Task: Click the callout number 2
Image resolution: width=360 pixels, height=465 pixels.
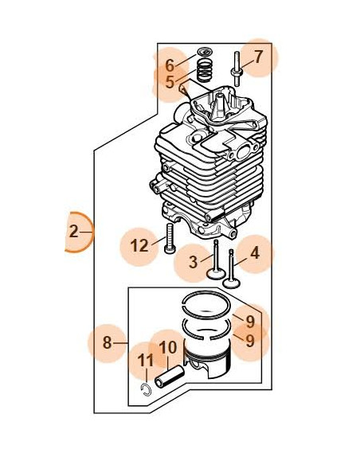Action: [74, 232]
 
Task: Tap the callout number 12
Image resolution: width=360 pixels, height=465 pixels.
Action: [139, 246]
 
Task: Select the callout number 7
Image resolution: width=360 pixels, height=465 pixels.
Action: [259, 57]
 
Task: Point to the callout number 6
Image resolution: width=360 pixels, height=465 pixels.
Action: [170, 65]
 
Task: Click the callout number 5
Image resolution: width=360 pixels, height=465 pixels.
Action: [170, 82]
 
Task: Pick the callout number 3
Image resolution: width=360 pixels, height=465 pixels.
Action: [193, 263]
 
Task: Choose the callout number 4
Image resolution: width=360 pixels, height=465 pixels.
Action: [255, 253]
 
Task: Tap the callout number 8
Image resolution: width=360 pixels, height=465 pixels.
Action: [107, 342]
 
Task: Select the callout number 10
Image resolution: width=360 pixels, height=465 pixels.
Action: [168, 347]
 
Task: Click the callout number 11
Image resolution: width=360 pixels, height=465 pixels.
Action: [145, 361]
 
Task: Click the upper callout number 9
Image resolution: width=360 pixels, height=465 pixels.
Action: [250, 322]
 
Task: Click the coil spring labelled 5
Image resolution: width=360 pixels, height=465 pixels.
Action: [205, 72]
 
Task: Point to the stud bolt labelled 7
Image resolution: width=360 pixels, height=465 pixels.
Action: [237, 69]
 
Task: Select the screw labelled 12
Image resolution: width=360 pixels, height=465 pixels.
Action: [170, 238]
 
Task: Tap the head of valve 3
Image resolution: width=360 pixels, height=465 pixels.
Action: [216, 273]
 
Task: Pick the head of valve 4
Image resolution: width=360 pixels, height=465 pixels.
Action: [231, 283]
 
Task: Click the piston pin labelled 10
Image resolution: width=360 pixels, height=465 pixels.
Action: [170, 377]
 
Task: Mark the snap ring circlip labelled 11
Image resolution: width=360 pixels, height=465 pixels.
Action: [146, 389]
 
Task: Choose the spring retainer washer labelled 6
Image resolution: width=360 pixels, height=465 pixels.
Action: [205, 53]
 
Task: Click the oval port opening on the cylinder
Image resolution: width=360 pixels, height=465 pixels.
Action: [244, 152]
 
